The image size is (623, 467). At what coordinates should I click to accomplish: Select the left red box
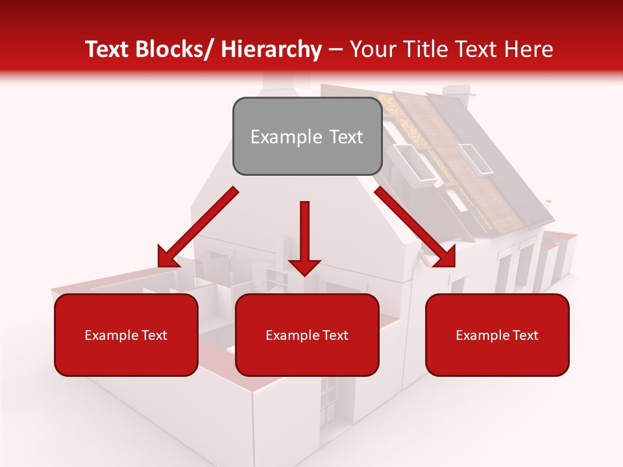(x=126, y=335)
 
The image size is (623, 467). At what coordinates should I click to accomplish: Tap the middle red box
(x=306, y=335)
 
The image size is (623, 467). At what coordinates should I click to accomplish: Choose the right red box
(x=497, y=335)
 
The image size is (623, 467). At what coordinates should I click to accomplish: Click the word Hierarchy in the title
(x=271, y=50)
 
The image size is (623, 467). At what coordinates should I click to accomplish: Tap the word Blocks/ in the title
(x=180, y=50)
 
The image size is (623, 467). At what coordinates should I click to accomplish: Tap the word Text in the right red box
(x=525, y=335)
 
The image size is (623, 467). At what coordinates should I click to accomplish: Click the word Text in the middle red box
(x=335, y=335)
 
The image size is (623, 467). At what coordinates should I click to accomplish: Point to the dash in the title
(x=336, y=50)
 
